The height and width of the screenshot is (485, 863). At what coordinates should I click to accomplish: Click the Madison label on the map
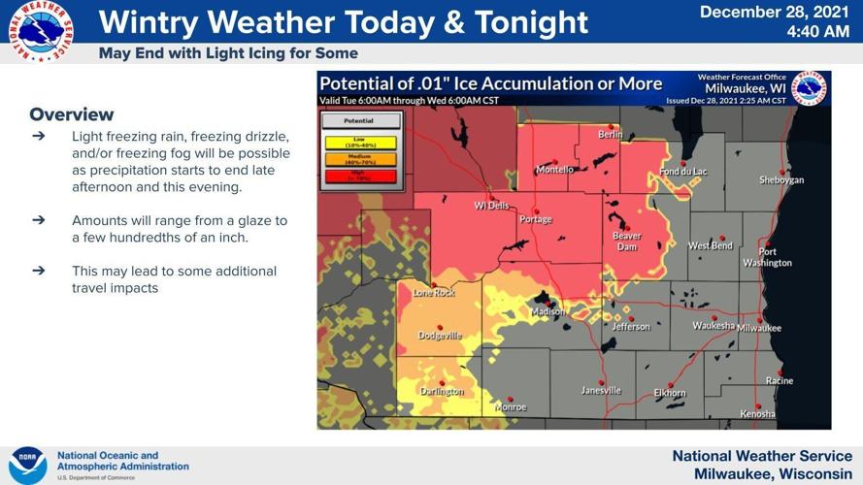click(x=547, y=311)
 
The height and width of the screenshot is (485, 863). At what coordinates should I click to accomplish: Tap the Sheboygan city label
click(x=780, y=179)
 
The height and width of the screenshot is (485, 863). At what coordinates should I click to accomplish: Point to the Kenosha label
click(x=757, y=414)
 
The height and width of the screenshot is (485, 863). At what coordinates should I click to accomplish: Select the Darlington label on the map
click(x=441, y=392)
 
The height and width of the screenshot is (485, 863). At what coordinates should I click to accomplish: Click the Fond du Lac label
click(x=683, y=172)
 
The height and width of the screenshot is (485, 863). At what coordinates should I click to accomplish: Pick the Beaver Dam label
click(x=626, y=242)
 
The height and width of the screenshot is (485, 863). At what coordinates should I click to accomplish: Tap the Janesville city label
click(x=601, y=390)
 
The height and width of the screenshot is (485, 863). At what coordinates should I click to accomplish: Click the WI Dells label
click(x=491, y=206)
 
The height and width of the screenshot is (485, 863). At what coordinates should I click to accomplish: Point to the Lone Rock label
click(x=433, y=292)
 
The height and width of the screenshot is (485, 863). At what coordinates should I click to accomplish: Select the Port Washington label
click(x=767, y=257)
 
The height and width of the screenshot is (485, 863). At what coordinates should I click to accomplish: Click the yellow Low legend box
click(x=360, y=144)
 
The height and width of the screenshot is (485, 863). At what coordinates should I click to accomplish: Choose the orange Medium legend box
click(x=360, y=159)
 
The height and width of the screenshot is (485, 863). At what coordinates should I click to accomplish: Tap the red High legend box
click(x=360, y=176)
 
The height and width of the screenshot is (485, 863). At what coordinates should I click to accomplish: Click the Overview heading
click(x=72, y=114)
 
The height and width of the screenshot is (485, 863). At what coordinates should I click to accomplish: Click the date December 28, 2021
click(x=775, y=12)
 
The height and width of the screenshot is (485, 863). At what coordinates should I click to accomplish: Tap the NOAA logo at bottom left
click(x=27, y=465)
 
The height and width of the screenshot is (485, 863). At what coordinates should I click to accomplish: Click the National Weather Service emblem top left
click(x=40, y=32)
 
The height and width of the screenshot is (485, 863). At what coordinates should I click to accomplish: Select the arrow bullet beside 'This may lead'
click(x=39, y=271)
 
